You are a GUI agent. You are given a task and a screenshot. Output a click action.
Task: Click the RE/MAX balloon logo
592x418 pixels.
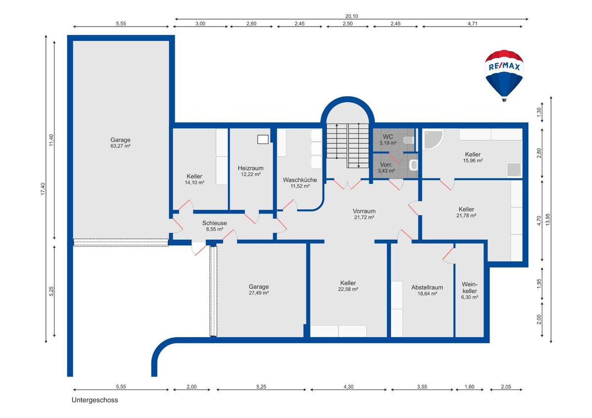(504, 75)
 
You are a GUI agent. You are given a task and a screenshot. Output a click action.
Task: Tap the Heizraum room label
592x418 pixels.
(251, 168)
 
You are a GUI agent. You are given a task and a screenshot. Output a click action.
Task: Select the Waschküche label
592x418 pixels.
(300, 180)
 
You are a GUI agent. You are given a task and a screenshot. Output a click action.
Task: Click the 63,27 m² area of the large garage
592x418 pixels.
(120, 146)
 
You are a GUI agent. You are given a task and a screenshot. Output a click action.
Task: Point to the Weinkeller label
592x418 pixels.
(470, 288)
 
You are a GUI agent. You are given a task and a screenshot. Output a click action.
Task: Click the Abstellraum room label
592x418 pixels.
(427, 287)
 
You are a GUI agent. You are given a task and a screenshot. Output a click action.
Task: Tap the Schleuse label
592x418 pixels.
(215, 223)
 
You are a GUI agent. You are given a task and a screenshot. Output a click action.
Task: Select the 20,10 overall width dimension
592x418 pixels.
(352, 16)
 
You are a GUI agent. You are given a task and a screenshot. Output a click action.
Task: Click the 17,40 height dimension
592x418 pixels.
(43, 189)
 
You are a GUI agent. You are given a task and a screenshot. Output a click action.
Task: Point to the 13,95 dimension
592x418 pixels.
(548, 219)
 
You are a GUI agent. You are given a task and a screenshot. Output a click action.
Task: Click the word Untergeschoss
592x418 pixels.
(95, 400)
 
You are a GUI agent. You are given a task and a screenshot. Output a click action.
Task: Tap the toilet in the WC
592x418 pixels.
(409, 140)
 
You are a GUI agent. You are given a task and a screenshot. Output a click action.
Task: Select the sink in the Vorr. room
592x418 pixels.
(413, 165)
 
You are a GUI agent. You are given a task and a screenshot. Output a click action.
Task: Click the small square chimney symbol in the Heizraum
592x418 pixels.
(263, 139)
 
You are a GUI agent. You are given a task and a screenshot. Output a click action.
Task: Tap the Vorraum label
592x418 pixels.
(364, 211)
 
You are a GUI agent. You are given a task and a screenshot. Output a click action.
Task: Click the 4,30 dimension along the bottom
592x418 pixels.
(348, 386)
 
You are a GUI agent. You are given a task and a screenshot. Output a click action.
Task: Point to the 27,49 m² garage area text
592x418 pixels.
(259, 293)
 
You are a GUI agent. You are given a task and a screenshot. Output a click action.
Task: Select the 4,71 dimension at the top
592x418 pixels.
(473, 24)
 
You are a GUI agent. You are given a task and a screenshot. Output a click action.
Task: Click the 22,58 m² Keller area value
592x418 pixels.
(348, 289)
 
